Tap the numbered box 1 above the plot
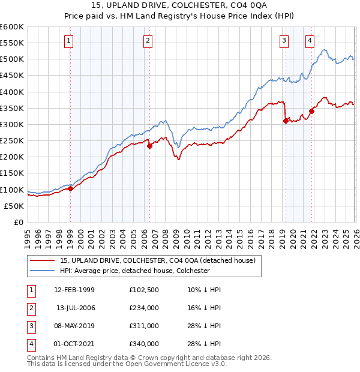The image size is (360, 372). [x=70, y=41]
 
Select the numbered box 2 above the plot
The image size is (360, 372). [x=148, y=41]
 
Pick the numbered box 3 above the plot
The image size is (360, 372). [x=284, y=41]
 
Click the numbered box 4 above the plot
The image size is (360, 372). [x=310, y=41]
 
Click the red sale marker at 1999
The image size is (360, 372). [x=70, y=188]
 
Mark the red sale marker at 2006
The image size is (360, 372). [x=149, y=146]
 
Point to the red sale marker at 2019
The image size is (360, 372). [x=285, y=121]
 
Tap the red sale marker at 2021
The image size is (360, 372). [x=311, y=111]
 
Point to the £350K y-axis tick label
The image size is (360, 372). [x=12, y=108]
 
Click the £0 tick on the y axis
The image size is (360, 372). [x=18, y=222]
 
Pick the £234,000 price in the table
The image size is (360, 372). [x=144, y=308]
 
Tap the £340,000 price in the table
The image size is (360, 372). [x=144, y=344]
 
